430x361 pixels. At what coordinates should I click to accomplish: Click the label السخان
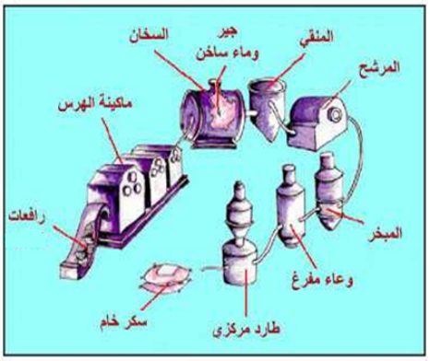tap(149, 36)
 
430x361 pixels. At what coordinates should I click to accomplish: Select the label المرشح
tap(379, 67)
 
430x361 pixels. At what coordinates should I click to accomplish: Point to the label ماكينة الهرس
tap(95, 105)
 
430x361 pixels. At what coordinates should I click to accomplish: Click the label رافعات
tap(27, 217)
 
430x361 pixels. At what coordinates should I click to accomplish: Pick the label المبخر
tap(385, 233)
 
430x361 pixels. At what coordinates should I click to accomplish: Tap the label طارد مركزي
tap(246, 331)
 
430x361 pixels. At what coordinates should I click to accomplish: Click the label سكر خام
tap(124, 323)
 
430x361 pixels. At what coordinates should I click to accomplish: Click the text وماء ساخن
tap(227, 52)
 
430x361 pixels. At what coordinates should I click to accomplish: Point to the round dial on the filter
tap(335, 115)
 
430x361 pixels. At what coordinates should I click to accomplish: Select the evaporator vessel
tap(329, 191)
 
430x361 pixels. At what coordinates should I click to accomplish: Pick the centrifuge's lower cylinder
tap(240, 264)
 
